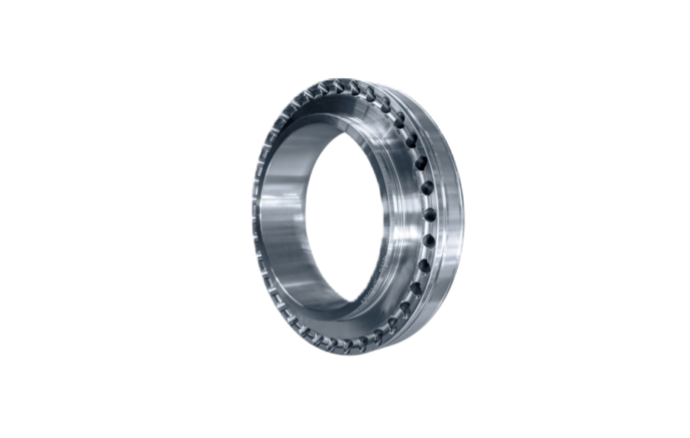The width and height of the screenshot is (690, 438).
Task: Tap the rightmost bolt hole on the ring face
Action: tap(431, 216)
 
